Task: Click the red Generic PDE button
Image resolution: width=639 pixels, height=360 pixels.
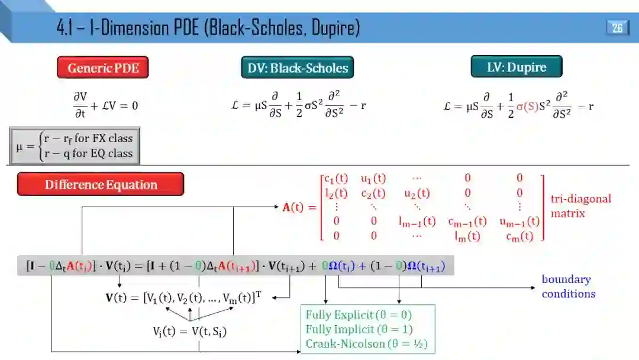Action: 103,67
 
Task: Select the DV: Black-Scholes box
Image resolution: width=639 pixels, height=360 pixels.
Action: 298,67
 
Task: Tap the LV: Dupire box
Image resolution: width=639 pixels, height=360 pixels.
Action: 517,67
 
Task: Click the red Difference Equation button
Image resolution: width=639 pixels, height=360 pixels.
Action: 101,184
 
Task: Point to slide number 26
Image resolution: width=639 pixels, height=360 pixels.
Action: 617,28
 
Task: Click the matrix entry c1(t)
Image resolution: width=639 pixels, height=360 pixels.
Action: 337,178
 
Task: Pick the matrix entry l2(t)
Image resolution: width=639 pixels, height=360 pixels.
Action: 338,193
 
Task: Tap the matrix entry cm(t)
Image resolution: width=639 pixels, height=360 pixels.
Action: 520,236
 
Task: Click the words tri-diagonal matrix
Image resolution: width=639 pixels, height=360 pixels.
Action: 580,205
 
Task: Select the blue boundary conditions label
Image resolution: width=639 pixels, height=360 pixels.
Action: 568,287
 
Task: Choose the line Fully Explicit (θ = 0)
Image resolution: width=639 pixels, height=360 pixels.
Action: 359,314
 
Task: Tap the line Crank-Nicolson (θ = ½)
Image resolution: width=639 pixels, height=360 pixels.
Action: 366,343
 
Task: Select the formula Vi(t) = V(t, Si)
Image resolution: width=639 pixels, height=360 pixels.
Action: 189,332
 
